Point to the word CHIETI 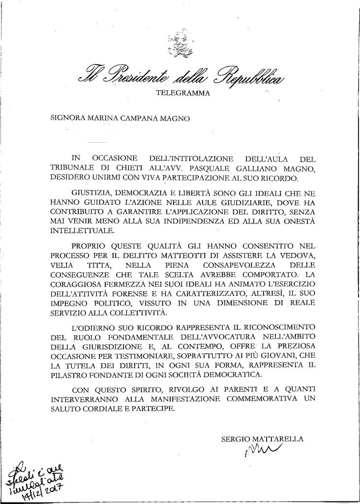point(114,168)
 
